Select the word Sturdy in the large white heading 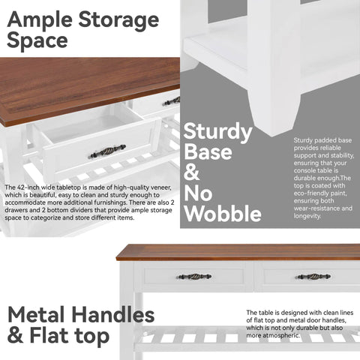(217, 133)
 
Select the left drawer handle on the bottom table (193, 277)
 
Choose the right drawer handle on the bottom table (313, 277)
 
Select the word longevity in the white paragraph (308, 217)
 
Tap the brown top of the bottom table (240, 252)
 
